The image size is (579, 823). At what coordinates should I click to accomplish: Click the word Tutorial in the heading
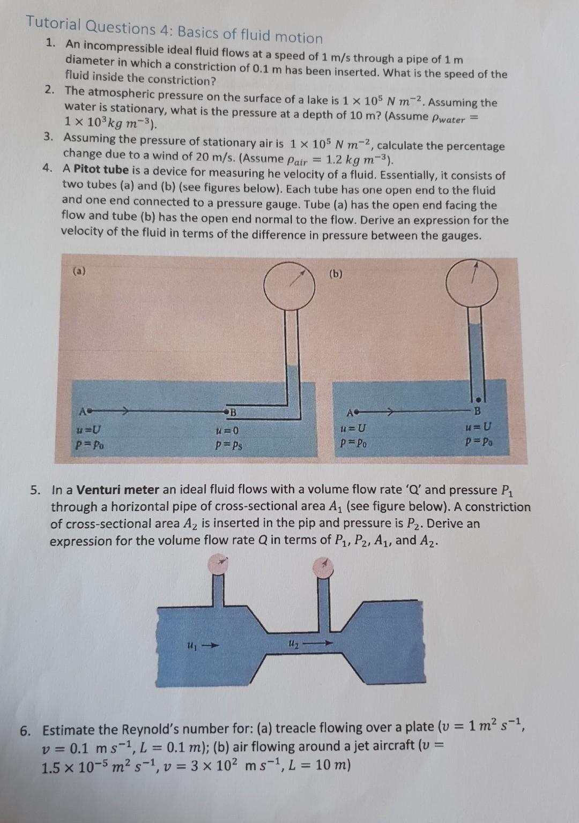[x=54, y=24]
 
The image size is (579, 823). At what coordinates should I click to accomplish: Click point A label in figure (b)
[x=350, y=413]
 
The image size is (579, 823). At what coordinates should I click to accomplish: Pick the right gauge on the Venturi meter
[x=324, y=566]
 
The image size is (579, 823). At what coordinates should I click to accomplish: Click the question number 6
[x=25, y=730]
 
